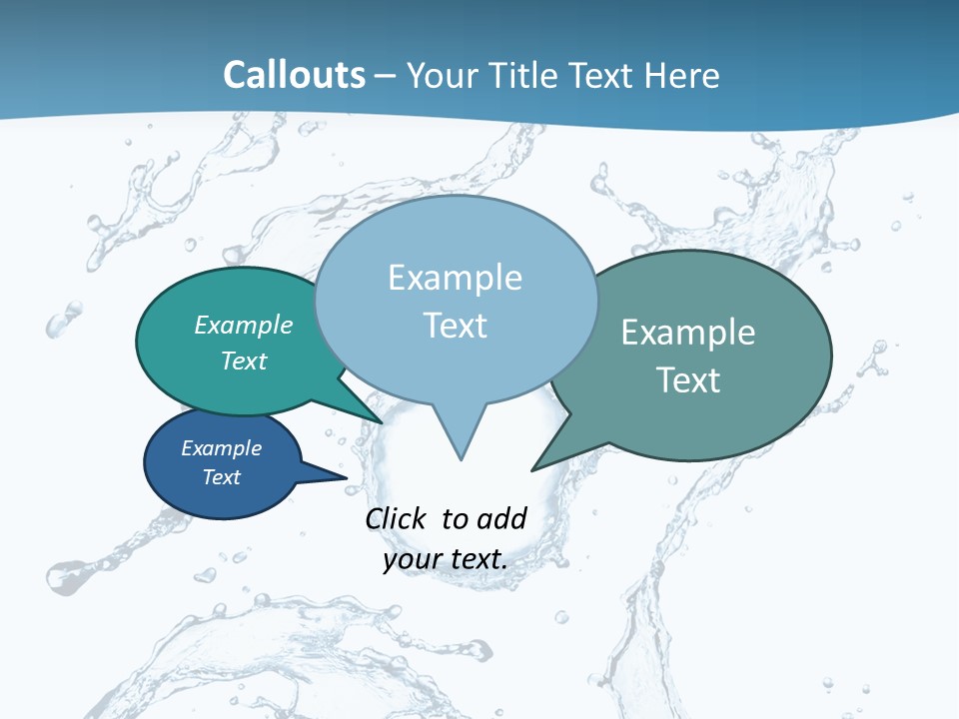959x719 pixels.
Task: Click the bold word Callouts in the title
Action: (294, 75)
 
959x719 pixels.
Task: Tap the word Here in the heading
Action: (681, 75)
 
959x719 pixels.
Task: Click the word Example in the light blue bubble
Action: (455, 278)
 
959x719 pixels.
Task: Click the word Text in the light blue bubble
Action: (456, 326)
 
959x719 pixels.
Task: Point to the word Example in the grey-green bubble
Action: (688, 332)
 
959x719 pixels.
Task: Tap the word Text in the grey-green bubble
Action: (688, 379)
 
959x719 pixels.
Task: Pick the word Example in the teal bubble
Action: (244, 325)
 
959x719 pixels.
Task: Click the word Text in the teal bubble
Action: (244, 360)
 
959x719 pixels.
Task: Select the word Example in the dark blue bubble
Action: (222, 448)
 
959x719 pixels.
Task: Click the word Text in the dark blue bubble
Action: (222, 477)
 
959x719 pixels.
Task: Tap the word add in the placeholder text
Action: (501, 518)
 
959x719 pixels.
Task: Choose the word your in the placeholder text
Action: (410, 559)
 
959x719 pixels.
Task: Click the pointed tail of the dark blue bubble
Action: (344, 478)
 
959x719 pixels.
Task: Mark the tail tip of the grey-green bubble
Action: (533, 469)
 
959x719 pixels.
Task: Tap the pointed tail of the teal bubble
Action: (380, 422)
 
